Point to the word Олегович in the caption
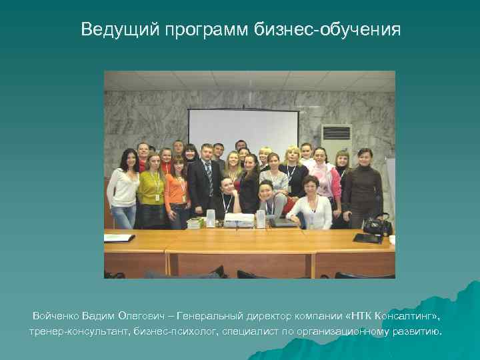(x=154, y=314)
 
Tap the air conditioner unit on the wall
(x=336, y=137)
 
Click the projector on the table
(x=239, y=220)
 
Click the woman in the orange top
(x=177, y=190)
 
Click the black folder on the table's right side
(x=367, y=237)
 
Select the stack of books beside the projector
(x=196, y=223)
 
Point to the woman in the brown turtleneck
(x=363, y=187)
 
